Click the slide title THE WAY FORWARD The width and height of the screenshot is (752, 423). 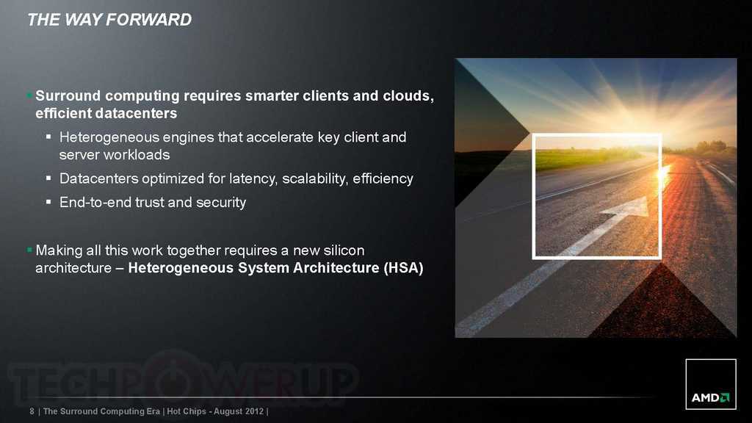tap(109, 20)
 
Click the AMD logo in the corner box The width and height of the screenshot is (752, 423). tap(710, 397)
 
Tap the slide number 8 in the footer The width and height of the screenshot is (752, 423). tap(32, 411)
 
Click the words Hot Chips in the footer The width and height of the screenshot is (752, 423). tap(186, 411)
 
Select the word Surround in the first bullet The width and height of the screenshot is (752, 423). tap(68, 95)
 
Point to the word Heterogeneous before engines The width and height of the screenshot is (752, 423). tap(109, 137)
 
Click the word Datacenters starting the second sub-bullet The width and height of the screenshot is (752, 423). tap(98, 178)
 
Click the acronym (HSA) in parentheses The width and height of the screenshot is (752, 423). tap(403, 267)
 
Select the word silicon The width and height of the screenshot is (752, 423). tap(344, 250)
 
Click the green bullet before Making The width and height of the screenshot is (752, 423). tap(29, 250)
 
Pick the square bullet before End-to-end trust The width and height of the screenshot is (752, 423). tap(48, 202)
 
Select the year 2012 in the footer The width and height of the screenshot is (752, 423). tap(253, 411)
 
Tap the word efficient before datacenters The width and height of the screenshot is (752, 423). tap(63, 113)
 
